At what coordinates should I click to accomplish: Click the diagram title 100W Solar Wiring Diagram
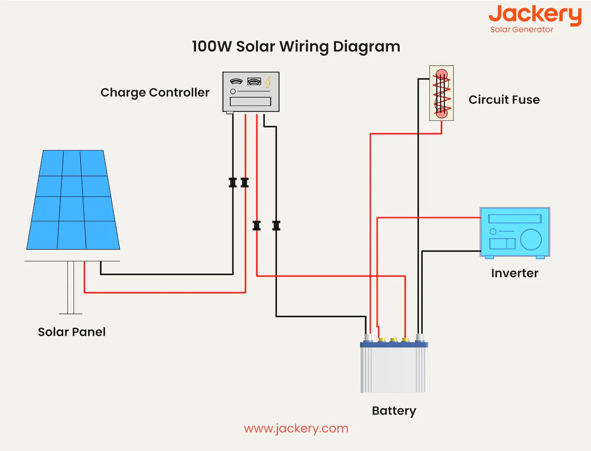click(295, 47)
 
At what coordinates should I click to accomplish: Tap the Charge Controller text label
click(155, 93)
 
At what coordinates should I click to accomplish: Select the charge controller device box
click(251, 92)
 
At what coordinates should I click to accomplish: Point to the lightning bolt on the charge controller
click(268, 82)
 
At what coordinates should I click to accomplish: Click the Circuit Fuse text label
click(504, 100)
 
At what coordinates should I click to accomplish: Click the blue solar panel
click(72, 199)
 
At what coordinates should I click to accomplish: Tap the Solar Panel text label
click(71, 332)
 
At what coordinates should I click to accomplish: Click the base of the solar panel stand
click(70, 312)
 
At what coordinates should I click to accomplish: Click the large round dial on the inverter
click(531, 239)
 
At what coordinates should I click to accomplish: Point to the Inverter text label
click(515, 273)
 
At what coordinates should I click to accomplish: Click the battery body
click(394, 369)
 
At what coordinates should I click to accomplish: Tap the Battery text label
click(394, 411)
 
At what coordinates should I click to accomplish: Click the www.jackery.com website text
click(296, 428)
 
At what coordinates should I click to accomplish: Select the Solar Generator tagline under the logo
click(522, 30)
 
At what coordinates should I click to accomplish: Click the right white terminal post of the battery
click(420, 338)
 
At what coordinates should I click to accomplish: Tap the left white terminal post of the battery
click(367, 338)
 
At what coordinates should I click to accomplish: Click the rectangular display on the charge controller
click(250, 101)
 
